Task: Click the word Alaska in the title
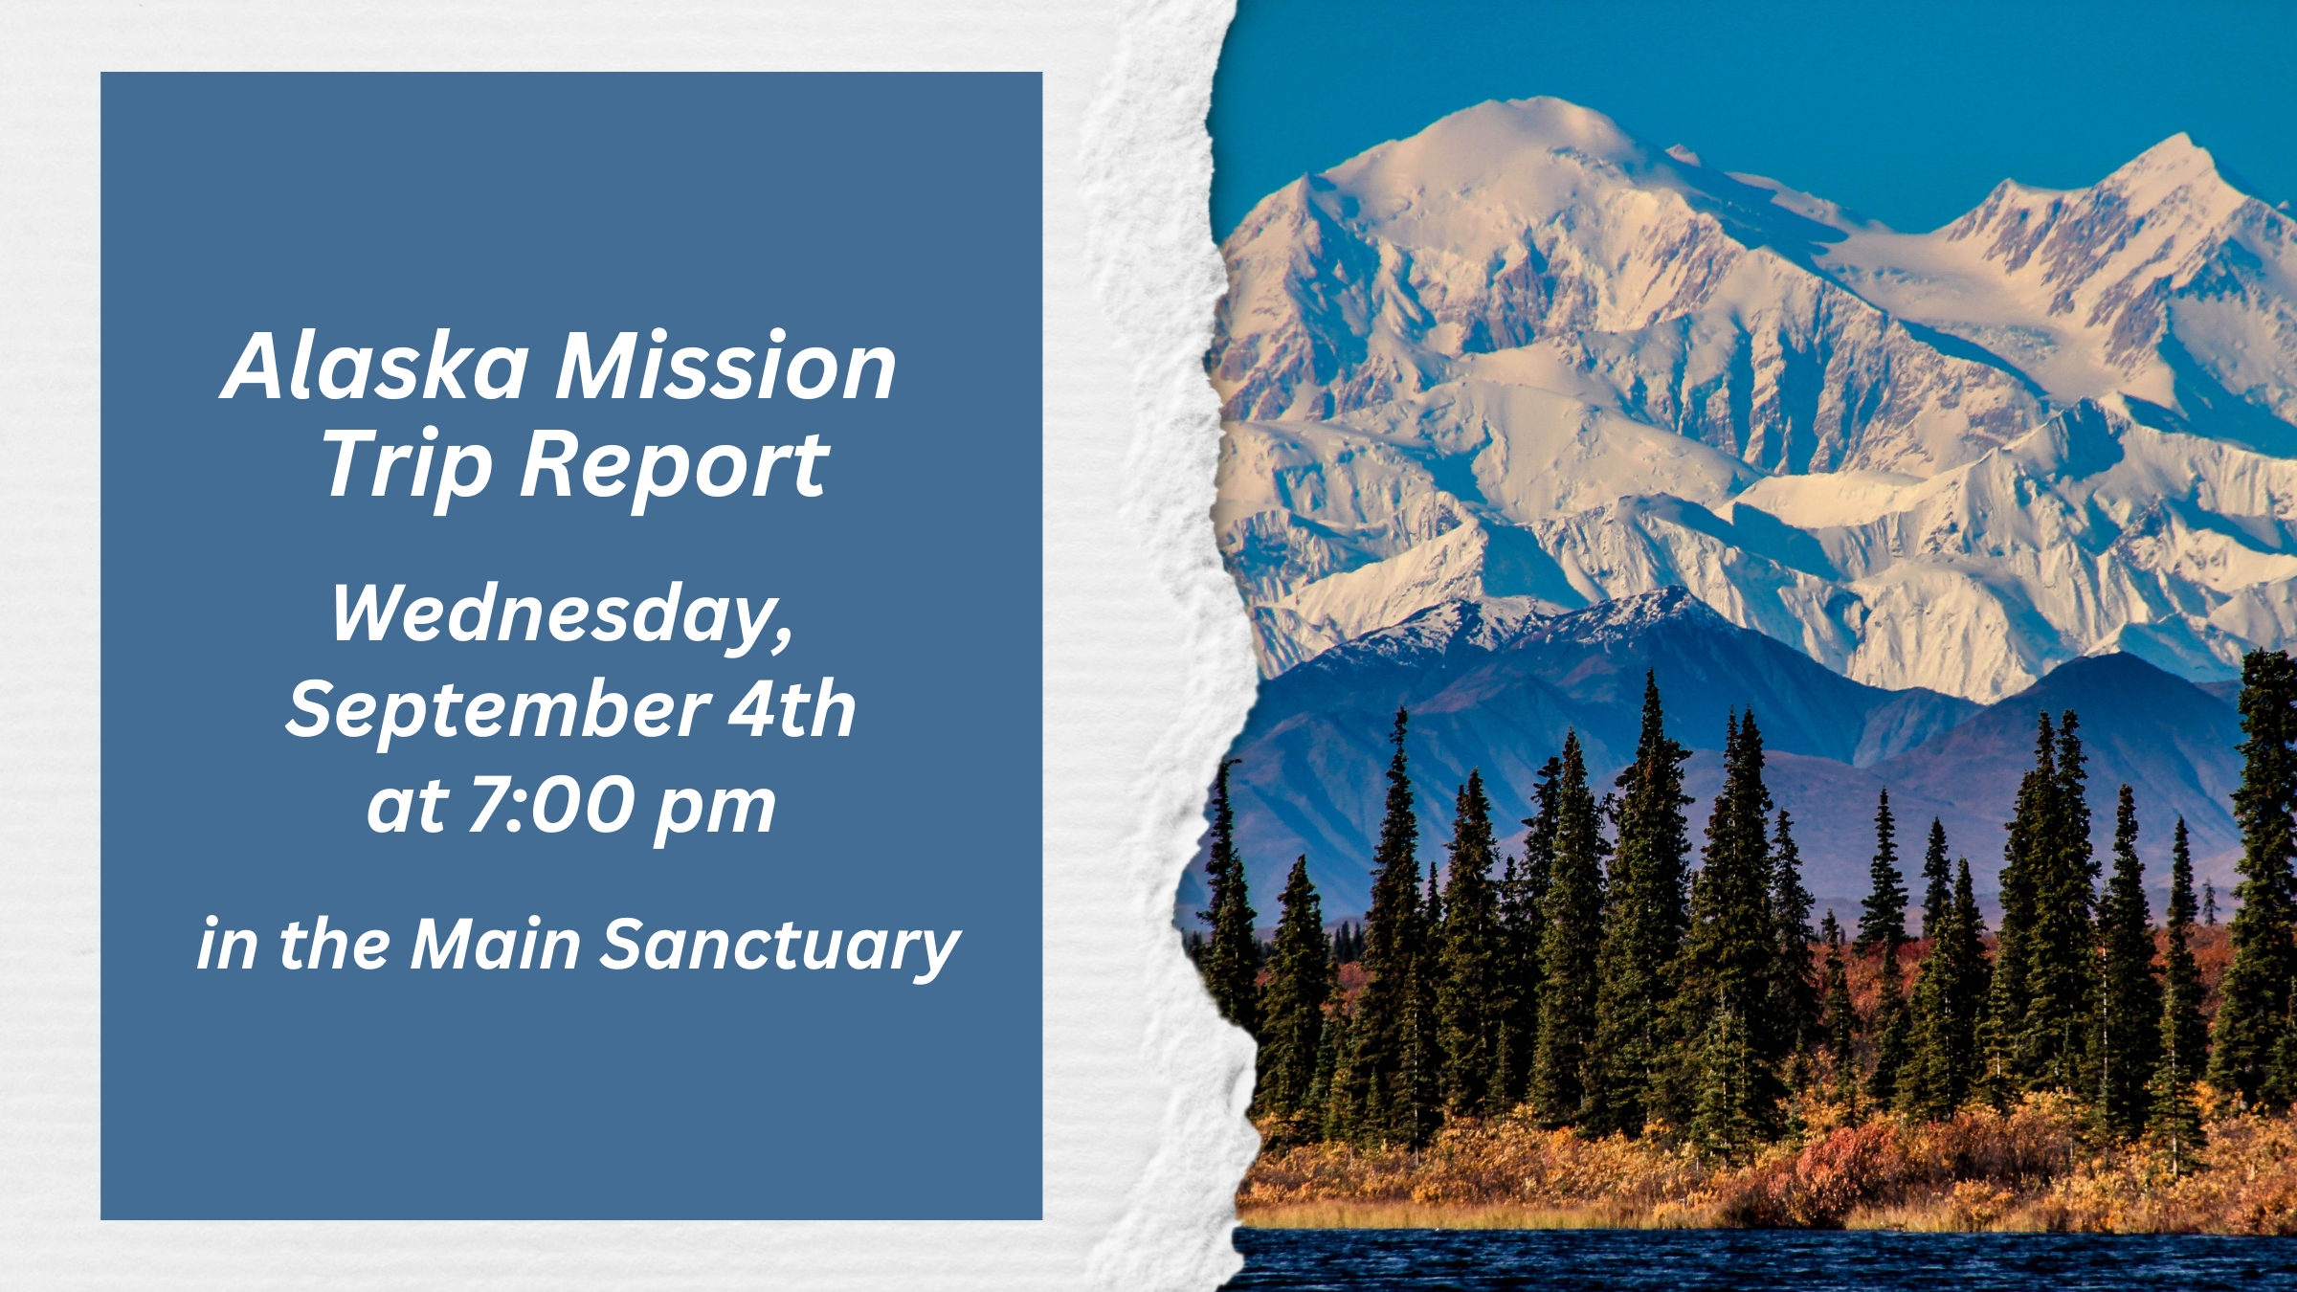(375, 366)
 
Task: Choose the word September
(498, 710)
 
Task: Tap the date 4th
(792, 709)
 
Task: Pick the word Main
(496, 945)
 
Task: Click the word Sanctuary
(781, 948)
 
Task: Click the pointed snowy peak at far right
(2184, 140)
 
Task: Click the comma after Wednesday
(786, 641)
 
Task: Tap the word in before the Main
(227, 945)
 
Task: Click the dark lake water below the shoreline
(1771, 1261)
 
